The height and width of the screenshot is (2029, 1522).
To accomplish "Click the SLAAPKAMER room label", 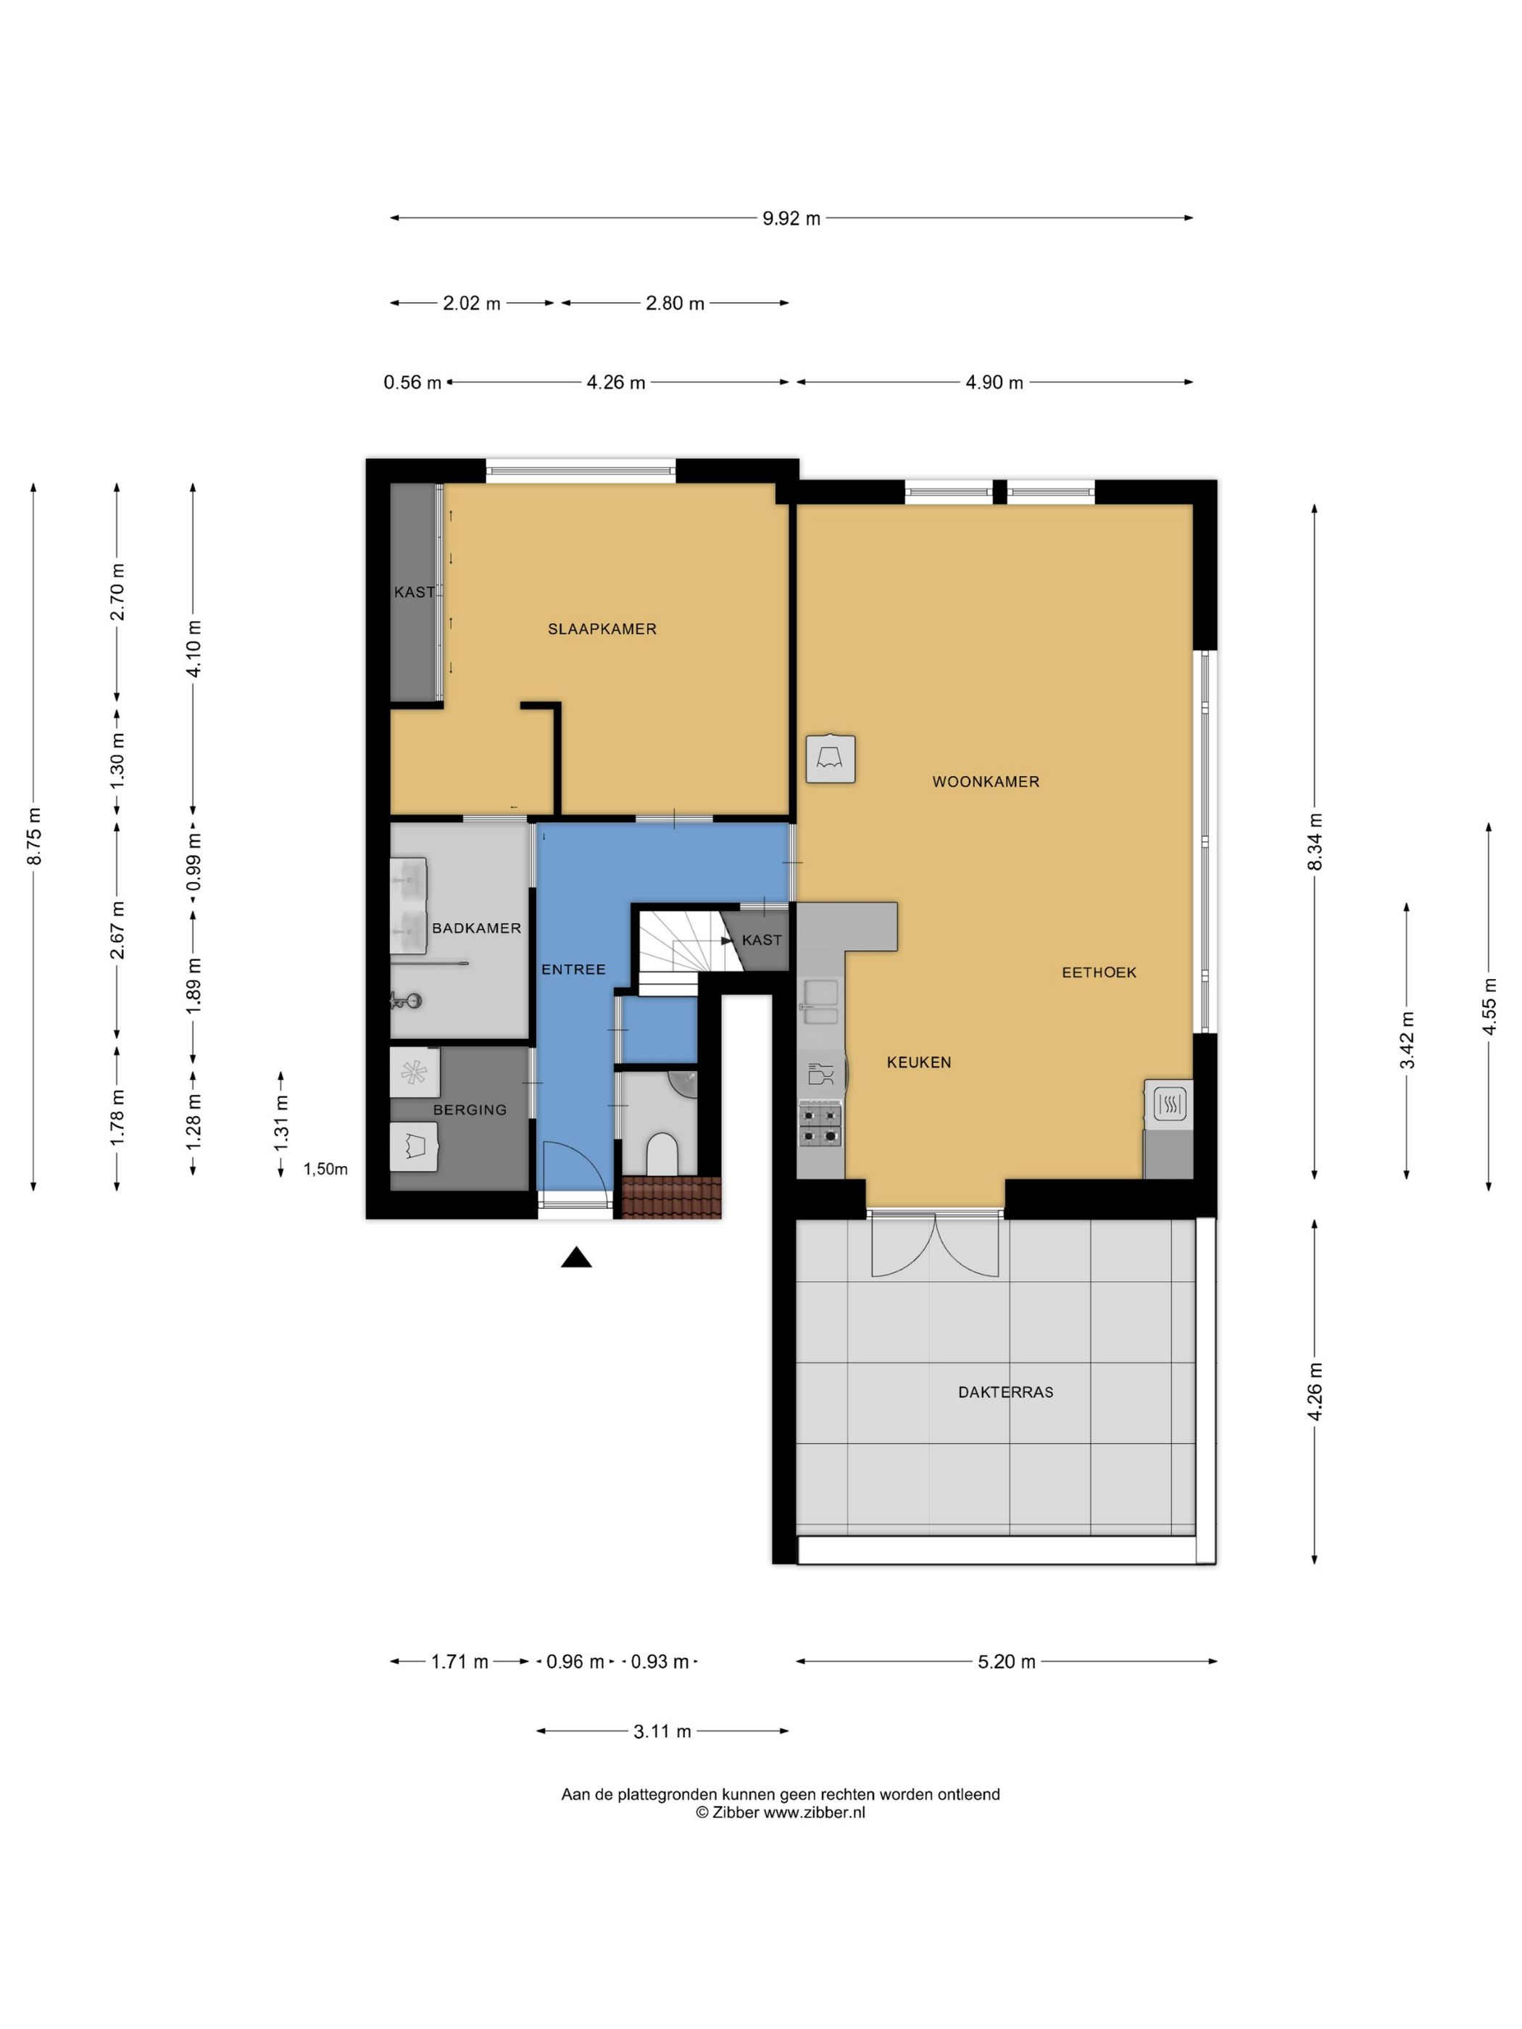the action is pyautogui.click(x=602, y=629).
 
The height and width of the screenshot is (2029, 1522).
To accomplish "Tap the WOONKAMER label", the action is pyautogui.click(x=985, y=781).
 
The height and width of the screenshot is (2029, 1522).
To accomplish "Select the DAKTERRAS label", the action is pyautogui.click(x=1005, y=1391).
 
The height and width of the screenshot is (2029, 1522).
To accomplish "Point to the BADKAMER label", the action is pyautogui.click(x=476, y=928).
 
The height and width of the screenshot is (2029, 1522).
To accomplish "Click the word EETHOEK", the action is pyautogui.click(x=1099, y=972).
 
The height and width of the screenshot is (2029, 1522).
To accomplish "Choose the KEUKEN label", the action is pyautogui.click(x=918, y=1062).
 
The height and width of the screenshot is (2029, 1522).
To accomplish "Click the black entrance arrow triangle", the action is pyautogui.click(x=576, y=1257).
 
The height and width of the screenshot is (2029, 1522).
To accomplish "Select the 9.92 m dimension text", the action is pyautogui.click(x=791, y=218).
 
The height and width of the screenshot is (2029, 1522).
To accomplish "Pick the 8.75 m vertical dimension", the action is pyautogui.click(x=34, y=836).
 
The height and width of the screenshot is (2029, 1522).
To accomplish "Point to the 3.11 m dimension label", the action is pyautogui.click(x=662, y=1732).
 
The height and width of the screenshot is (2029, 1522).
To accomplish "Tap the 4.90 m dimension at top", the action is pyautogui.click(x=994, y=383).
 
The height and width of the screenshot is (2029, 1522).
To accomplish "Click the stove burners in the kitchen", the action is pyautogui.click(x=820, y=1125).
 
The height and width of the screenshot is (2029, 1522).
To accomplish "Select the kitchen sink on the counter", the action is pyautogui.click(x=820, y=1001).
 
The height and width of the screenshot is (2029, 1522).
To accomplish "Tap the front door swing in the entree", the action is pyautogui.click(x=573, y=1166).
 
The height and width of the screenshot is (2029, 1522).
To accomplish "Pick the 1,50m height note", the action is pyautogui.click(x=325, y=1170).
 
